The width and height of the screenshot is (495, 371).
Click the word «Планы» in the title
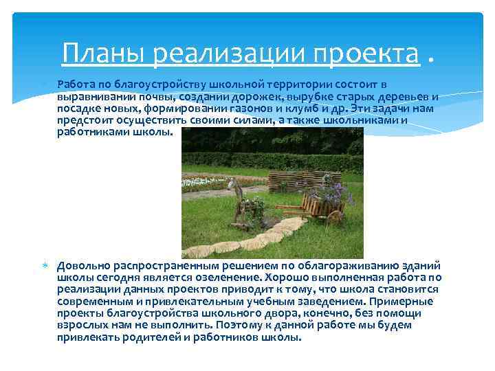point(104,53)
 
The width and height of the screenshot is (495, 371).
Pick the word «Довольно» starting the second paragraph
point(83,265)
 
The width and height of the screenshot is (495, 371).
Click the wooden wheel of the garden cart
point(335,216)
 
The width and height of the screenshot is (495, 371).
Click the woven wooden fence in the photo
point(292,180)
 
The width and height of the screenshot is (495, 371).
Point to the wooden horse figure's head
point(238,185)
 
